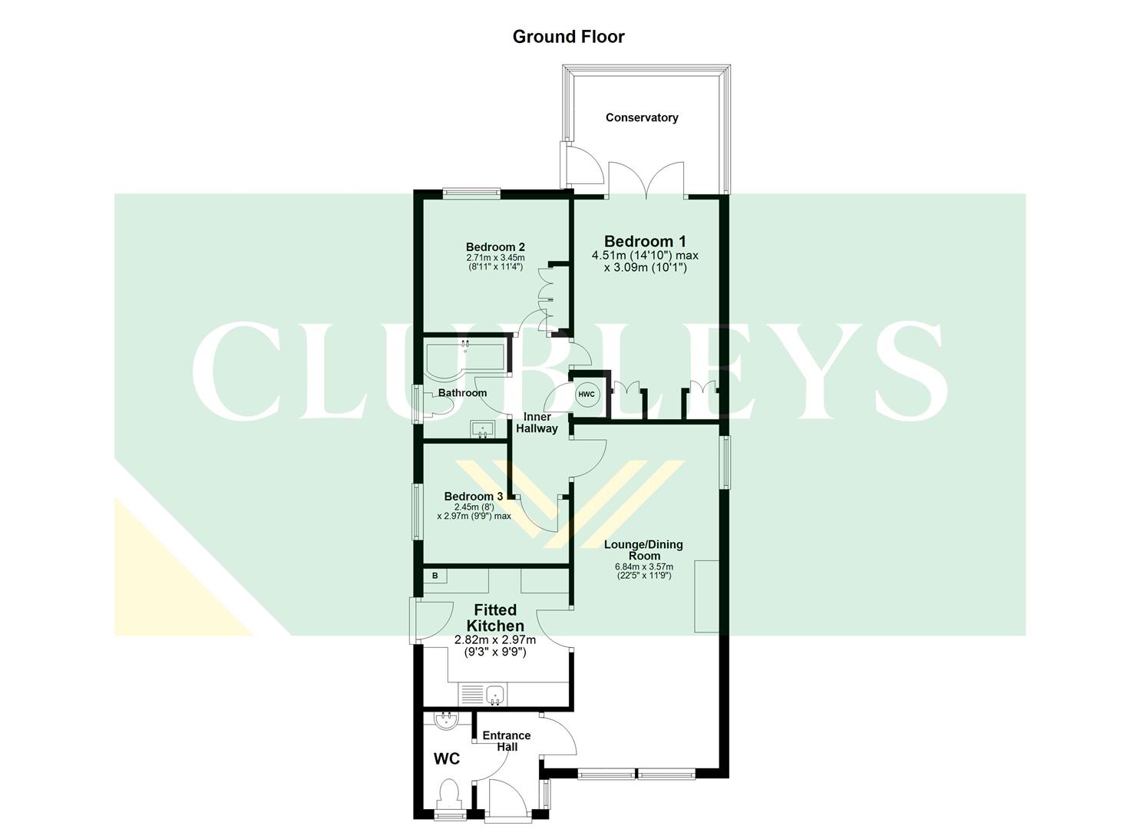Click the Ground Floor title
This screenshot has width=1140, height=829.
tap(568, 37)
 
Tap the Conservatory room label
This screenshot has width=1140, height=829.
tap(642, 117)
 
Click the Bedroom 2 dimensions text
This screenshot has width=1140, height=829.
tap(495, 262)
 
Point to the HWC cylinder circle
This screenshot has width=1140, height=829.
tap(587, 394)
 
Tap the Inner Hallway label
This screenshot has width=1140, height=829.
tap(537, 423)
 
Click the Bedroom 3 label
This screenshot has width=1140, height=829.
tap(473, 496)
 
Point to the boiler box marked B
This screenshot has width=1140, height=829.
tap(435, 576)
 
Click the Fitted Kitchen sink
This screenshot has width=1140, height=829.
tap(496, 695)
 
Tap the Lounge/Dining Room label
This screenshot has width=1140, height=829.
tap(643, 550)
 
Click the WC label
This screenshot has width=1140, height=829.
tap(447, 759)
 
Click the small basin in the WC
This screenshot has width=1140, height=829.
tap(446, 721)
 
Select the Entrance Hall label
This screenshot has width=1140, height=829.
tap(507, 741)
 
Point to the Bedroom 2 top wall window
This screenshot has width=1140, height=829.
tap(472, 193)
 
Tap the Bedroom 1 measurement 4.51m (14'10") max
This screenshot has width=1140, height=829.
tap(645, 256)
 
